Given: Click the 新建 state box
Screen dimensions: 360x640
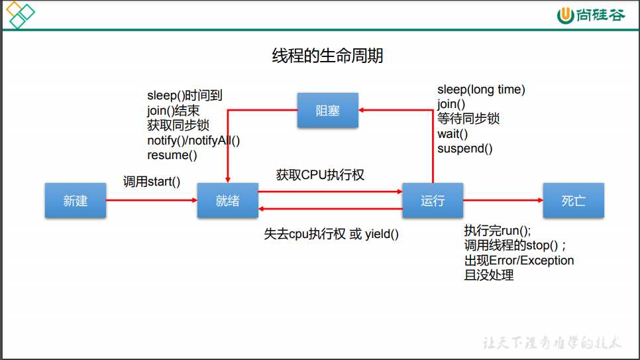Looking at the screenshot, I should (x=76, y=200).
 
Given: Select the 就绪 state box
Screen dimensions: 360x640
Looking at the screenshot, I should (x=227, y=200).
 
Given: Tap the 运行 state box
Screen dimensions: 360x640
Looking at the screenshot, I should (x=433, y=200).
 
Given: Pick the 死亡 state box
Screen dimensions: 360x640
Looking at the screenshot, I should (x=573, y=200).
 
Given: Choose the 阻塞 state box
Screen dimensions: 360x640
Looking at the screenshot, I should (x=327, y=110).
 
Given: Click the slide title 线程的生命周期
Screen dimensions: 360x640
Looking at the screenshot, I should (x=327, y=56).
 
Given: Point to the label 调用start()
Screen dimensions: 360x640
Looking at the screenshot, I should (x=152, y=181).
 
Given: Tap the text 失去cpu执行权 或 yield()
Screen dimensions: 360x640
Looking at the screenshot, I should (x=331, y=234).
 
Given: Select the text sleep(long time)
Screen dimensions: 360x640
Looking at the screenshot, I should (x=481, y=90).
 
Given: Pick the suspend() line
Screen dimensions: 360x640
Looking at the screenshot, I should (x=465, y=149).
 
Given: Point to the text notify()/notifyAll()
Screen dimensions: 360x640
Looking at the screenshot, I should (x=193, y=140).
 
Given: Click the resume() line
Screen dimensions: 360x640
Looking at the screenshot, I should (x=172, y=155).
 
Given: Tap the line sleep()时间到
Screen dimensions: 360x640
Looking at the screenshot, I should (x=185, y=96).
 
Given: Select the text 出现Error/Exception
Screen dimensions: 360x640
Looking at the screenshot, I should (x=519, y=261).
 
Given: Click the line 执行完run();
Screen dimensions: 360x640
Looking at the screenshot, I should (x=498, y=231).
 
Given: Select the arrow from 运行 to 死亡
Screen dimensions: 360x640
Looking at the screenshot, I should (x=503, y=200).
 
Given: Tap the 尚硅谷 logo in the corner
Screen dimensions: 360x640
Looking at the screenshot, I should (x=591, y=15).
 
